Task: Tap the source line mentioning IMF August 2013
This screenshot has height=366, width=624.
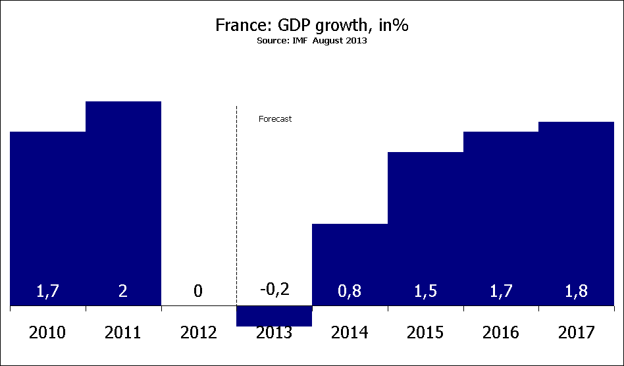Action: pyautogui.click(x=312, y=40)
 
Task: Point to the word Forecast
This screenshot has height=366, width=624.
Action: pyautogui.click(x=274, y=119)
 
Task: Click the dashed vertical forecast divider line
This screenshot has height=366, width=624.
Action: pyautogui.click(x=236, y=197)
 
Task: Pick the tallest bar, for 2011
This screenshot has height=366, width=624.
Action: pyautogui.click(x=123, y=197)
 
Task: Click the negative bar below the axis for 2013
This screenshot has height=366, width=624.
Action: pyautogui.click(x=274, y=316)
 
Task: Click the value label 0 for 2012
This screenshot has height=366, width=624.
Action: pyautogui.click(x=198, y=290)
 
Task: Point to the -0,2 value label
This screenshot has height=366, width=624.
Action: pyautogui.click(x=274, y=289)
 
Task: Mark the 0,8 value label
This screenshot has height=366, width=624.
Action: pyautogui.click(x=350, y=290)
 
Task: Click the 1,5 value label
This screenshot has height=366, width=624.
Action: pyautogui.click(x=425, y=290)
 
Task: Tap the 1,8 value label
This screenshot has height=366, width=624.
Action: pyautogui.click(x=576, y=290)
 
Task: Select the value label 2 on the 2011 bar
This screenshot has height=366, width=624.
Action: pyautogui.click(x=123, y=290)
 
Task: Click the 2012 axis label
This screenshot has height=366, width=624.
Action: pyautogui.click(x=198, y=332)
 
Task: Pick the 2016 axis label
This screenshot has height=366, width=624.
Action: pyautogui.click(x=500, y=332)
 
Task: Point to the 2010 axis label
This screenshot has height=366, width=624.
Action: pyautogui.click(x=47, y=332)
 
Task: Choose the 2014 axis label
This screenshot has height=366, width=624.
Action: pyautogui.click(x=350, y=332)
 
